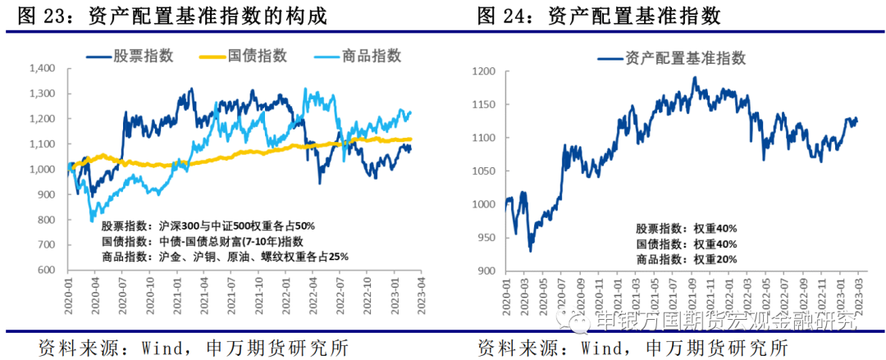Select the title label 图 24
point(500,15)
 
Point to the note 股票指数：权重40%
point(686,229)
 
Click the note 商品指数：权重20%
point(686,259)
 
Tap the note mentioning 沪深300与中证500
point(208,226)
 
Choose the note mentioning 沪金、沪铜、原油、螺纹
point(225,257)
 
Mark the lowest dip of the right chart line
point(530,250)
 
